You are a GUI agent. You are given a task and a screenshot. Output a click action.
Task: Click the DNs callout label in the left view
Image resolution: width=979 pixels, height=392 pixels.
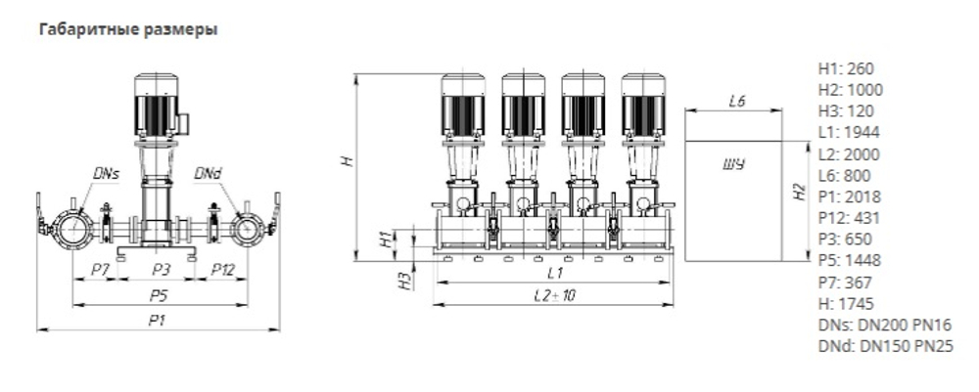(x=106, y=174)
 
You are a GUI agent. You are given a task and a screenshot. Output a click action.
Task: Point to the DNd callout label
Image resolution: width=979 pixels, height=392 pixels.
(x=208, y=174)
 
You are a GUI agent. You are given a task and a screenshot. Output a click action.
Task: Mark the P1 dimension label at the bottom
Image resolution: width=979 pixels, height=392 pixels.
(x=157, y=319)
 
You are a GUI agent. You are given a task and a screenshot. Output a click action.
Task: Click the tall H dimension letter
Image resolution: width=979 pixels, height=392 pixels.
(x=347, y=161)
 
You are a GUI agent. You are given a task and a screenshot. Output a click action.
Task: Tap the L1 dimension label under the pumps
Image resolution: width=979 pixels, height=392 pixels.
(x=553, y=271)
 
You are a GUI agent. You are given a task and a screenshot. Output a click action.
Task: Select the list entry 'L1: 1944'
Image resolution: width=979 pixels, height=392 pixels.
(x=849, y=133)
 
